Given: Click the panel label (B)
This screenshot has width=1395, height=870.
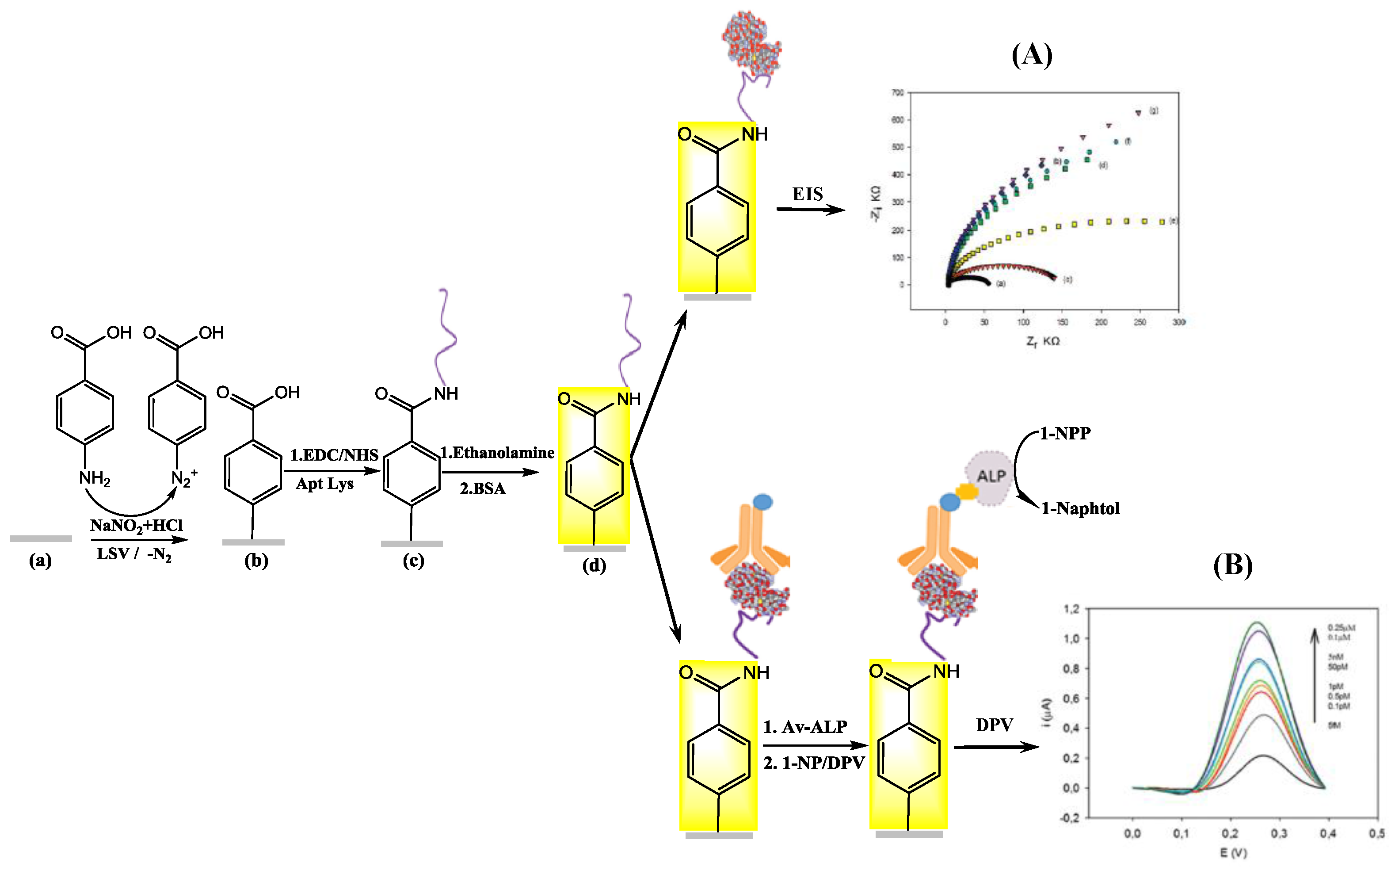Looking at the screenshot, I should click(1233, 565).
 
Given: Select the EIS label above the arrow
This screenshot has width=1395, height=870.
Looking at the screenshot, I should click(807, 195).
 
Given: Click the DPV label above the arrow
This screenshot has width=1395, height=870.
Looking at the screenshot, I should click(994, 725).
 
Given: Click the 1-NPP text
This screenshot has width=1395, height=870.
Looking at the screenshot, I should click(1065, 433).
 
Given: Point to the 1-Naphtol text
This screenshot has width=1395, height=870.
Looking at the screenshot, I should click(1080, 509).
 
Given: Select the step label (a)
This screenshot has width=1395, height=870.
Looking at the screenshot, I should click(40, 561).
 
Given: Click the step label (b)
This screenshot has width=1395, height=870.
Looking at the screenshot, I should click(256, 561).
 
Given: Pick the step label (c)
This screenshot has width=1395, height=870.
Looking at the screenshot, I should click(413, 561).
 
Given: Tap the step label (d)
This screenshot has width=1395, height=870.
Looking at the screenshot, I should click(594, 565).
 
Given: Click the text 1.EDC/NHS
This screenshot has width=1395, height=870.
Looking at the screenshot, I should click(334, 455).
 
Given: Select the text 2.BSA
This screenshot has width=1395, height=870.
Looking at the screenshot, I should click(482, 489).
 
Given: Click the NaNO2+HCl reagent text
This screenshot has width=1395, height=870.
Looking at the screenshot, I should click(136, 525).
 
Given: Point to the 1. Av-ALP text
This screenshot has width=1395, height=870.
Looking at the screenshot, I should click(805, 727).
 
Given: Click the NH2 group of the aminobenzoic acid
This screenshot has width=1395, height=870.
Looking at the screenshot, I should click(94, 478).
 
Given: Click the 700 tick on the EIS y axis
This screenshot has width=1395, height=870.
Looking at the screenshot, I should click(897, 93).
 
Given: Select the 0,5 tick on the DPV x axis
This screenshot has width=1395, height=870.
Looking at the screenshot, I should click(1376, 834).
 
